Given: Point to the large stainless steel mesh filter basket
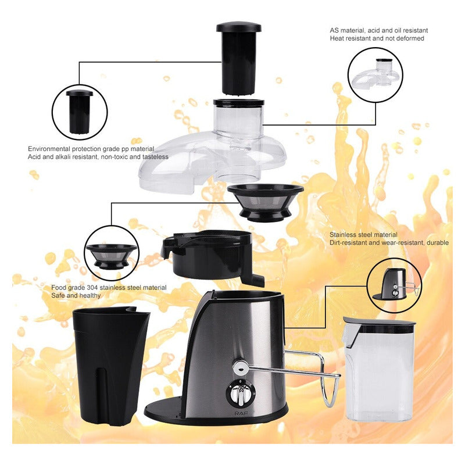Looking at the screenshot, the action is pyautogui.click(x=266, y=202).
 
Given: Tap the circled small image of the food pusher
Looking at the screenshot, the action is pyautogui.click(x=80, y=112).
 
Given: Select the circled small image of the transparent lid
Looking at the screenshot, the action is pyautogui.click(x=375, y=75).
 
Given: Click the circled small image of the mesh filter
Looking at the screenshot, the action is pyautogui.click(x=112, y=253).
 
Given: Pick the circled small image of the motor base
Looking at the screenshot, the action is pyautogui.click(x=395, y=285).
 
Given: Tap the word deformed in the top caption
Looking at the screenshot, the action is pyautogui.click(x=411, y=38).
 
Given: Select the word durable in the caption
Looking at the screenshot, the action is pyautogui.click(x=438, y=242).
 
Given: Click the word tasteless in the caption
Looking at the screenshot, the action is pyautogui.click(x=155, y=157).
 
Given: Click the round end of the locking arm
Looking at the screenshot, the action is pyautogui.click(x=240, y=368).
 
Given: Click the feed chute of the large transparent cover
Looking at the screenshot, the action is pyautogui.click(x=238, y=118).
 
